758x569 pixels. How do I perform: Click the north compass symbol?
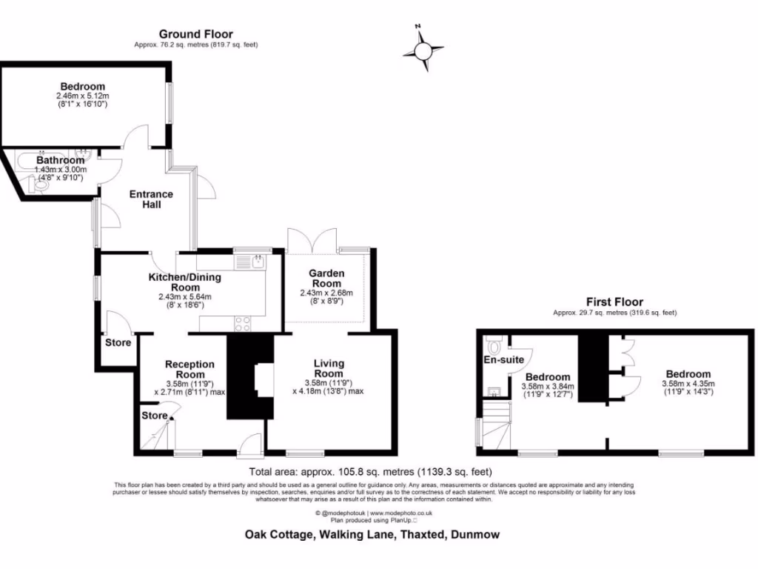pos(423,50)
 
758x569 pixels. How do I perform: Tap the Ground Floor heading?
pos(196,34)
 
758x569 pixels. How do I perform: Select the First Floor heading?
pos(614,302)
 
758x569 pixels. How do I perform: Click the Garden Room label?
pos(326,279)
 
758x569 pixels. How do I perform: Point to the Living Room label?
pos(329,368)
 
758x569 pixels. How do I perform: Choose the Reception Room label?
pos(189,369)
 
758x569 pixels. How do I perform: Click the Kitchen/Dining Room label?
pos(175,282)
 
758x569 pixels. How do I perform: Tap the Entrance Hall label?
pos(151,199)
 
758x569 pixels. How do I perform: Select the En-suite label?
pos(505,360)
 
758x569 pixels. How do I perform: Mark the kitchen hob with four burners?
pos(242,322)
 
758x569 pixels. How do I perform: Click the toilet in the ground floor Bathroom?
pos(41,187)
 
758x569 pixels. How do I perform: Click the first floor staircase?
pos(496,425)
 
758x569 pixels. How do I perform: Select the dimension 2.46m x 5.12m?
pos(82,96)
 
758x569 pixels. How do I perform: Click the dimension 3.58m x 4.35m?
pos(688,384)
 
